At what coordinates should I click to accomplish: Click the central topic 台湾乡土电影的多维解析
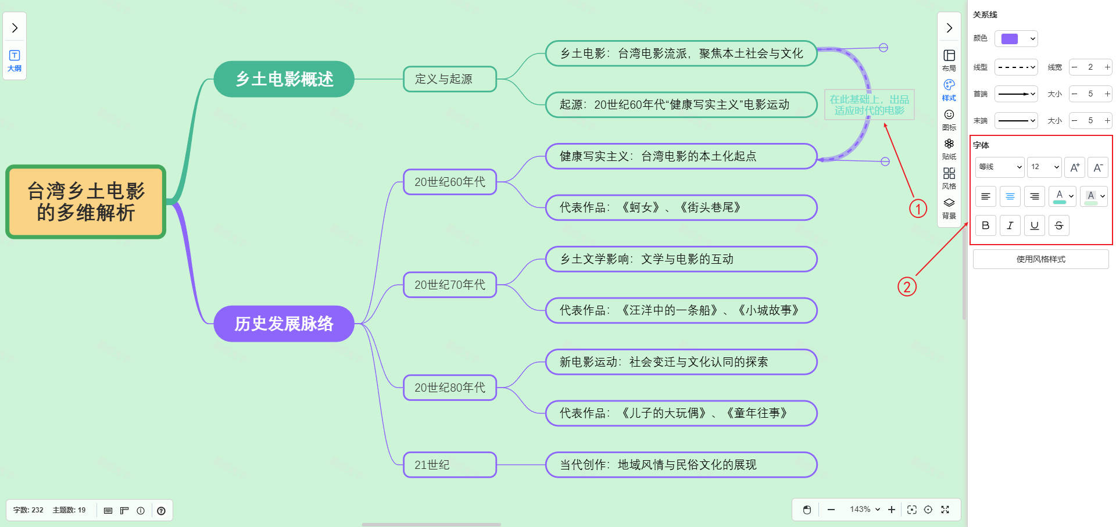point(86,202)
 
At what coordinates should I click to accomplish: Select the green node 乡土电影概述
point(284,79)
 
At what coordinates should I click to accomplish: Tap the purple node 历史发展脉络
point(284,324)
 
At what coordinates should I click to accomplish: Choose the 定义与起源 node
point(449,79)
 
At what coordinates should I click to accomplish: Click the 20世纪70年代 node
point(449,285)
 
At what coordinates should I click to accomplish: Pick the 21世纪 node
point(449,465)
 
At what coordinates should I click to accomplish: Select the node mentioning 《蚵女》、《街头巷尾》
point(681,207)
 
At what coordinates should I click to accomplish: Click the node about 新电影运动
point(681,362)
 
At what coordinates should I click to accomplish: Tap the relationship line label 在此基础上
point(869,105)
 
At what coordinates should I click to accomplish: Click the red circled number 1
point(918,209)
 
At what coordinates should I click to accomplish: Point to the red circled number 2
point(907,286)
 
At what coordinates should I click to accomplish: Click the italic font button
point(1010,225)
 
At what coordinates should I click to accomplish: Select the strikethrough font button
point(1059,225)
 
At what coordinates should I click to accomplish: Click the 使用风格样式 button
point(1040,259)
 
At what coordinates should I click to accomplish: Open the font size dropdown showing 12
point(1044,167)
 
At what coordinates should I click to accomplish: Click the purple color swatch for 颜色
point(1010,39)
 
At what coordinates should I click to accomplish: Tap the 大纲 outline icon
point(15,60)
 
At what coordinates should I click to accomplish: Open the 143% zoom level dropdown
point(865,510)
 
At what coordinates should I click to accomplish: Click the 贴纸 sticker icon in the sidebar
point(949,148)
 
